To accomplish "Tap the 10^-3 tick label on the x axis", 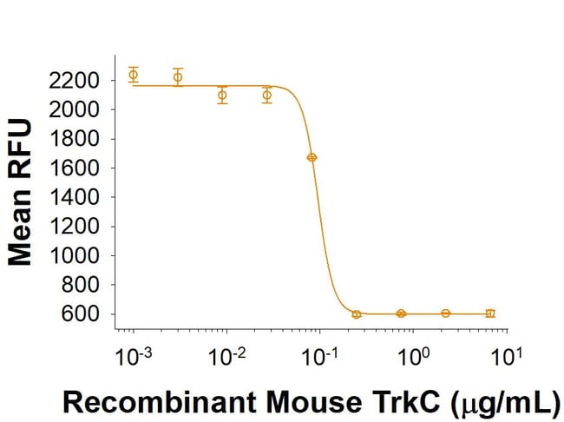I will click(131, 357).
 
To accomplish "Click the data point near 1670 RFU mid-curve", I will click(312, 157).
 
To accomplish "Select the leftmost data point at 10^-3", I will click(133, 74).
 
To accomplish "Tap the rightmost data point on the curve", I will click(490, 313).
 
